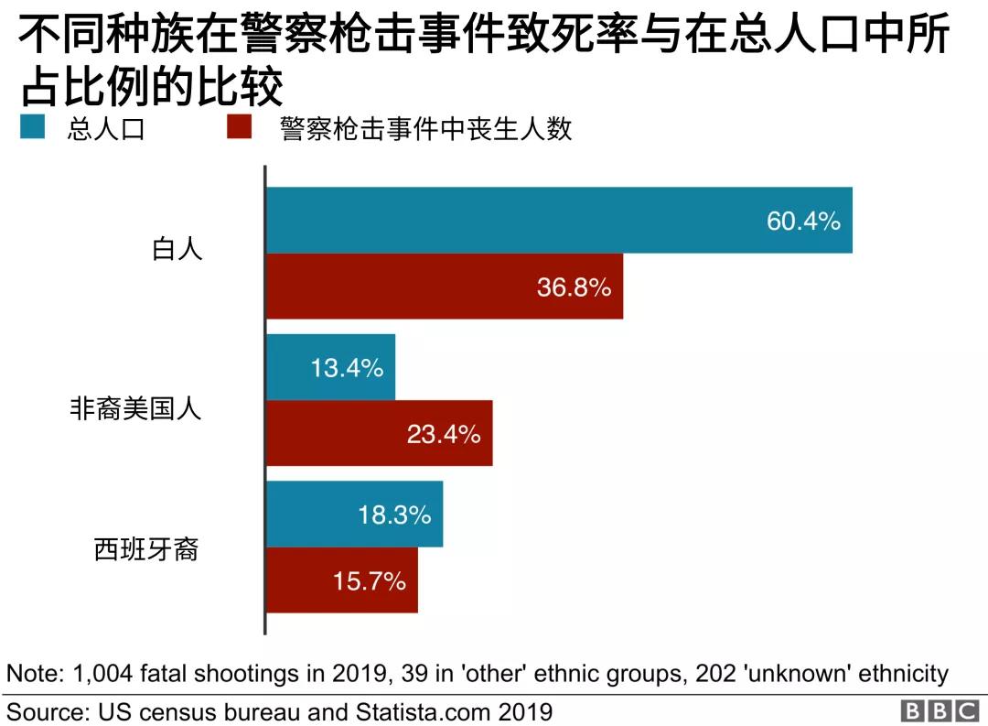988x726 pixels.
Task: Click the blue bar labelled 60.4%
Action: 558,221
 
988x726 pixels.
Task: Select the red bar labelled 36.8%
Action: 444,287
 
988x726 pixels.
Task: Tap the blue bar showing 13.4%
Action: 330,367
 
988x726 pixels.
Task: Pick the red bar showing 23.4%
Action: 379,433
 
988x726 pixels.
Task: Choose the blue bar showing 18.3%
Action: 354,515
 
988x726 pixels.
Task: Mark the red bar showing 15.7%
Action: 341,580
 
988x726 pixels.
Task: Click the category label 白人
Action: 177,248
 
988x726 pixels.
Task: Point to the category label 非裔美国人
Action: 135,408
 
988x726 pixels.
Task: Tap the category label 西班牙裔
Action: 146,549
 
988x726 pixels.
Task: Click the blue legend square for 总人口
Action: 32,127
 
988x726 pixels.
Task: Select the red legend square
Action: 239,127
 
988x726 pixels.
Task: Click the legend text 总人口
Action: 106,129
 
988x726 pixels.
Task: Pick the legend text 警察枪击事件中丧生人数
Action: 426,129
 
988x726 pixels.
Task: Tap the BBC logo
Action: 940,711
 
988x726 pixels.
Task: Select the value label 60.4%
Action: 803,221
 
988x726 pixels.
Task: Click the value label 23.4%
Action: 444,434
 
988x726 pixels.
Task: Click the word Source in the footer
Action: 40,711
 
